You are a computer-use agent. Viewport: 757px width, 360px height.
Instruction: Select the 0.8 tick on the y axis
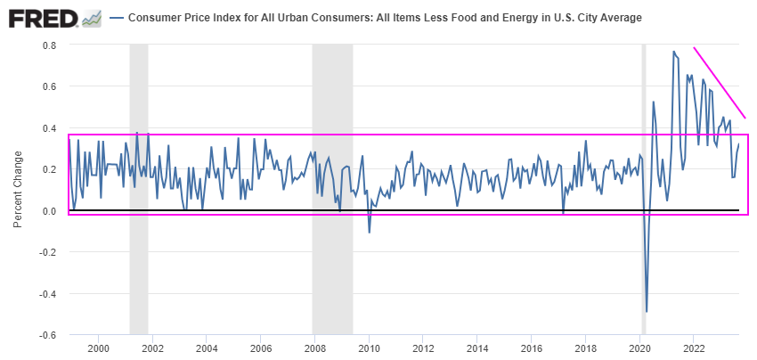(50, 45)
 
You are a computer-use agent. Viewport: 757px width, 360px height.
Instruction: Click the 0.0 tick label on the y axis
(50, 211)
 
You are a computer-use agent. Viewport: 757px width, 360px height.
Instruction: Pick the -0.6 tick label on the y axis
(48, 336)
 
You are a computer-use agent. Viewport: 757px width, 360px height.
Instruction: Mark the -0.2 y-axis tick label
(48, 252)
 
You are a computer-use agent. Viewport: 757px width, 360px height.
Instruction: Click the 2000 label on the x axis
(98, 348)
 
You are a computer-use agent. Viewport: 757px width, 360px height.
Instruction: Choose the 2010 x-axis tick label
(369, 348)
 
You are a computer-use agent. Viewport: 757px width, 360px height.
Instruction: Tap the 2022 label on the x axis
(694, 348)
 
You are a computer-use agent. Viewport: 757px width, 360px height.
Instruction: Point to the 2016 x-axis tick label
(532, 348)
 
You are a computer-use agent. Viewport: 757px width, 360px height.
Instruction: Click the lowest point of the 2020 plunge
(647, 311)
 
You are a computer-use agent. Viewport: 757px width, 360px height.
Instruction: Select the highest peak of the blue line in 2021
(673, 52)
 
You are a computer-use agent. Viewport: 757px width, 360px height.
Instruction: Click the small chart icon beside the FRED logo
(91, 18)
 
